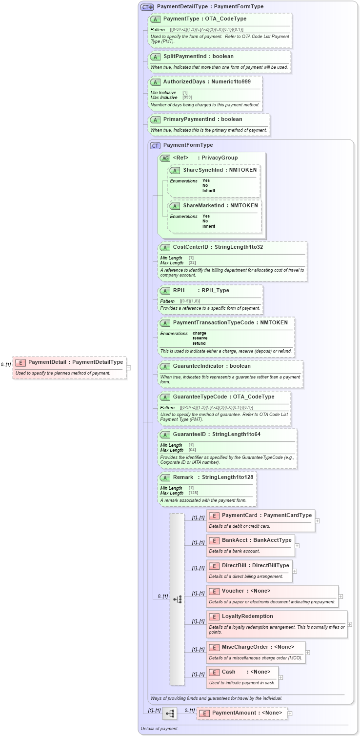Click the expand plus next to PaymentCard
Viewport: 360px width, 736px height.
(x=318, y=520)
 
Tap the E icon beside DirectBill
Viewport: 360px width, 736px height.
(x=214, y=566)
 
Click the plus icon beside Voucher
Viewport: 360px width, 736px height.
(x=340, y=596)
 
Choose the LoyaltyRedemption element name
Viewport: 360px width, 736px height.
(x=247, y=616)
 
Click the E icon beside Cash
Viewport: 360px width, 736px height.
(x=214, y=672)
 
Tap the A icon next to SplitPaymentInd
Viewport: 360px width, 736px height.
(x=155, y=57)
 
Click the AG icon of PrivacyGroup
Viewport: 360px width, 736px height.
(x=165, y=158)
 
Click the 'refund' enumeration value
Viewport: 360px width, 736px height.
(x=199, y=343)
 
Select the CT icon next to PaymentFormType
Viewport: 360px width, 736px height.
(x=155, y=145)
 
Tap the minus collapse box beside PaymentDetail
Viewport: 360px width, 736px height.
(x=129, y=368)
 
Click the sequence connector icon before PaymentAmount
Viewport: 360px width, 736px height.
(x=170, y=713)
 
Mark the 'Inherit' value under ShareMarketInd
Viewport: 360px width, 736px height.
(x=208, y=226)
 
